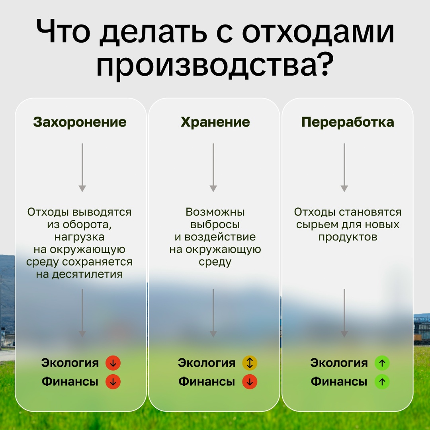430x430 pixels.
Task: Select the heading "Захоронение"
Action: coord(80,122)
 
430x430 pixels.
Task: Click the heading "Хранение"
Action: coord(215,122)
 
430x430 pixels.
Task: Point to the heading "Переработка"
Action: coord(348,122)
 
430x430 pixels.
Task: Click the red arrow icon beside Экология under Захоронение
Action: coord(113,363)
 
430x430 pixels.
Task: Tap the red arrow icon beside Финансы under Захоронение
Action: coord(113,382)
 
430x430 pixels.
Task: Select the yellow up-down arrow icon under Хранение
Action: coord(250,363)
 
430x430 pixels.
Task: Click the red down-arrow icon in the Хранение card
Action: coord(250,382)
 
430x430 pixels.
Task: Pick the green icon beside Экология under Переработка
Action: coord(382,363)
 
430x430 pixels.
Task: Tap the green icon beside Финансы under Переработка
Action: coord(382,382)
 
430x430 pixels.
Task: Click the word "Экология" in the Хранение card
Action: coord(207,363)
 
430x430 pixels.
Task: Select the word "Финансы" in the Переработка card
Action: coord(339,382)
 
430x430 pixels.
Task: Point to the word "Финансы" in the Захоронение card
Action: coord(70,382)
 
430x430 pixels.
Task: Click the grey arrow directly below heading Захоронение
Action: coord(82,167)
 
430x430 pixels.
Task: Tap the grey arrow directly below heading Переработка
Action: coord(344,167)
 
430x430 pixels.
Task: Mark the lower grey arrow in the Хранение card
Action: coord(213,313)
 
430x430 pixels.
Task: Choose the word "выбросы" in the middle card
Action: coord(215,225)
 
